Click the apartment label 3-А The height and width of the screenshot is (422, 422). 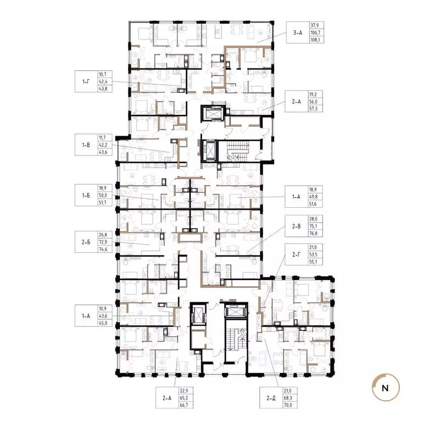[297, 33]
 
